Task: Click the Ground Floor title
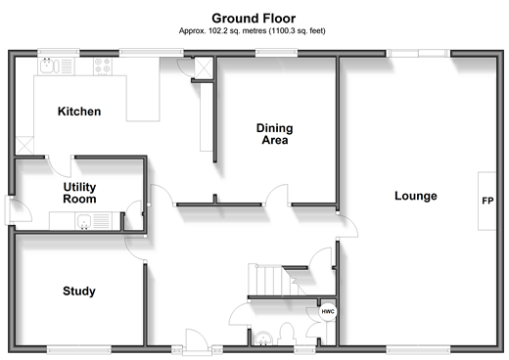[254, 19]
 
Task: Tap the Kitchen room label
[79, 112]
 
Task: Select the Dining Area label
[275, 134]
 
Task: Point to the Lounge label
[416, 196]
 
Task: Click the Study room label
[79, 292]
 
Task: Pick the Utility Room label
[79, 193]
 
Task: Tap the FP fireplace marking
[487, 201]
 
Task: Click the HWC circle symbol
[328, 312]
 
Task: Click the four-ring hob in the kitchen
[103, 67]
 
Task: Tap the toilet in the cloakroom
[287, 334]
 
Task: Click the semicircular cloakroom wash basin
[262, 338]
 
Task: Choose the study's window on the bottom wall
[79, 350]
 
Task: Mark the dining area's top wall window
[276, 53]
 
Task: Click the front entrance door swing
[197, 340]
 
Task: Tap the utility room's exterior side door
[18, 210]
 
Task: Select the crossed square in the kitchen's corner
[24, 145]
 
